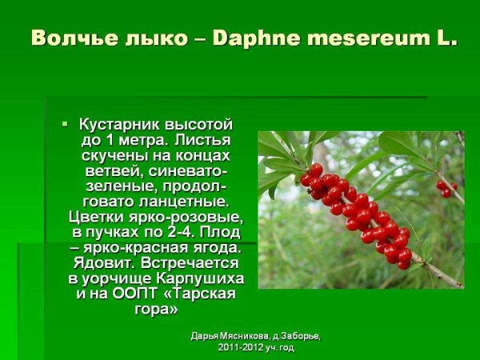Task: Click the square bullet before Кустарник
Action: tap(66, 124)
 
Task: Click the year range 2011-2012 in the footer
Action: tap(242, 347)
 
